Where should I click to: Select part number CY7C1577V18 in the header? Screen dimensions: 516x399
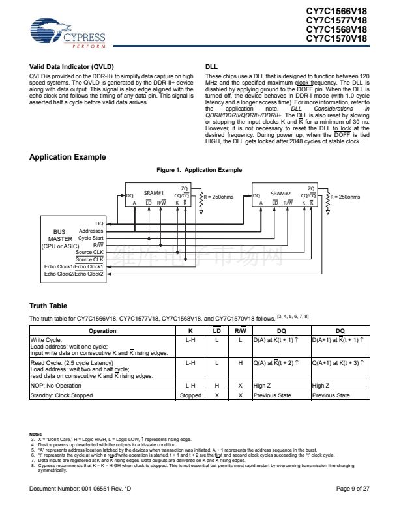(336, 20)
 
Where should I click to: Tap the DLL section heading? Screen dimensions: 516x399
(211, 67)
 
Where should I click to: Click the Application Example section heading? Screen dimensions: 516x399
(68, 157)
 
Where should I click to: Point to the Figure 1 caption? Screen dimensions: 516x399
(199, 170)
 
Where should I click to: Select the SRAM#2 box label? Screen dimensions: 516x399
(280, 193)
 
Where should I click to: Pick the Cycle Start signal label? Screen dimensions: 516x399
(91, 238)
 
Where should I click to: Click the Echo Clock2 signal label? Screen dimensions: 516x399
(74, 274)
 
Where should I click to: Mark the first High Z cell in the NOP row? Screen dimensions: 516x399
(263, 386)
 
